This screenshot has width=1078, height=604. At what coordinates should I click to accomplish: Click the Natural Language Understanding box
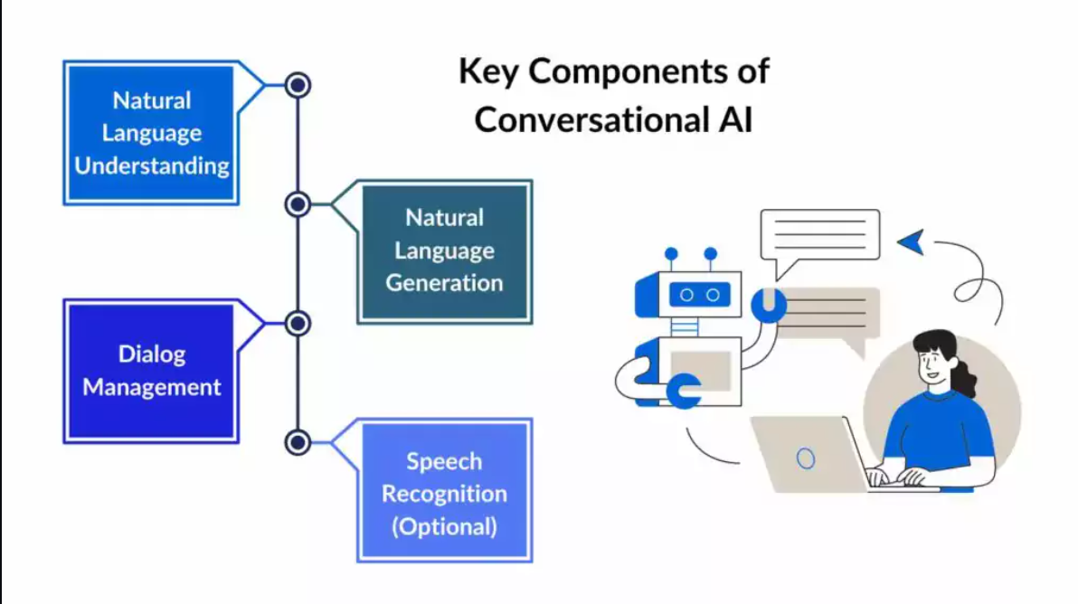(151, 133)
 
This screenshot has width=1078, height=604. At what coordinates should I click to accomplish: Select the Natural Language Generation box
(444, 250)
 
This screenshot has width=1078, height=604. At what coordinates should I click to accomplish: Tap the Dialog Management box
(151, 371)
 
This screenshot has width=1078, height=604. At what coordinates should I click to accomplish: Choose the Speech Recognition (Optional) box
(444, 493)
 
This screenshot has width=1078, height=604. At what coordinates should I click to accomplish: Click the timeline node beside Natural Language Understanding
(298, 85)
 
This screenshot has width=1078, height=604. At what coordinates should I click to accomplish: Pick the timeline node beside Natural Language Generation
(298, 204)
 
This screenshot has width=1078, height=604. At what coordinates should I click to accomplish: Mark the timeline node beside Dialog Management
(298, 323)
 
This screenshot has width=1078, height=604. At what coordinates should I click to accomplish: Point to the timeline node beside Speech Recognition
(298, 442)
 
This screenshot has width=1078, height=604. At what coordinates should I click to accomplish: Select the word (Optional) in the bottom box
(444, 526)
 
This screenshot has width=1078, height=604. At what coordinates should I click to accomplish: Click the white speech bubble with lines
(819, 235)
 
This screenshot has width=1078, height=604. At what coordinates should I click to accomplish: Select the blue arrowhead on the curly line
(912, 241)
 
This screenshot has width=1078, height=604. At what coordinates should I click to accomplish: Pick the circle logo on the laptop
(805, 458)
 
